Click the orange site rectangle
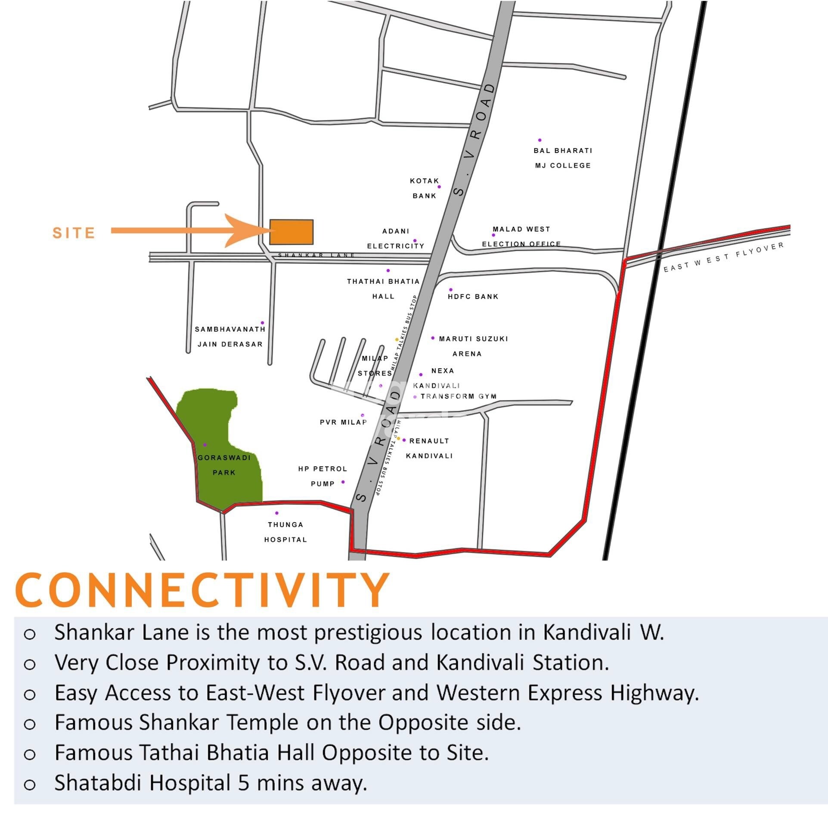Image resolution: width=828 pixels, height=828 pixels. (x=291, y=232)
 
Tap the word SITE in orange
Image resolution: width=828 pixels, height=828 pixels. (x=74, y=233)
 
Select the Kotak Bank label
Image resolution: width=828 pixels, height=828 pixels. (x=424, y=188)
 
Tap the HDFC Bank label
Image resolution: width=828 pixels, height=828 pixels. (x=473, y=297)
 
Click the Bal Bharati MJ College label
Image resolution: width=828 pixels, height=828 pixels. (x=563, y=158)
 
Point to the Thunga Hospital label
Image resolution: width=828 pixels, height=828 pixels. (x=285, y=532)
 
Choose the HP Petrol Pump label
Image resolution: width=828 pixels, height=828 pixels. (x=322, y=476)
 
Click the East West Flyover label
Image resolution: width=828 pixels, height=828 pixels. (x=723, y=257)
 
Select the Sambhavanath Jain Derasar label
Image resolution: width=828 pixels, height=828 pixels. (x=230, y=337)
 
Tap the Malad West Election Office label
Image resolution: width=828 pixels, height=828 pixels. (x=521, y=236)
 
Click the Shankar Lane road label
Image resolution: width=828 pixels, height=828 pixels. (x=316, y=255)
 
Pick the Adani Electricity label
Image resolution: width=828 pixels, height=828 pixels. (x=395, y=239)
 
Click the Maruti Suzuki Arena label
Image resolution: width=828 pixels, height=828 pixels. (x=473, y=346)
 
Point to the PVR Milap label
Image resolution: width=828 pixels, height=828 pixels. (x=343, y=422)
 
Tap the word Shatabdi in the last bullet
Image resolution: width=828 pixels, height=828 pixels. (x=98, y=783)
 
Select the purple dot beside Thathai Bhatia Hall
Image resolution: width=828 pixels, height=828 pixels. (x=388, y=270)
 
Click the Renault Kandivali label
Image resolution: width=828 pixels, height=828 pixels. (x=429, y=448)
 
